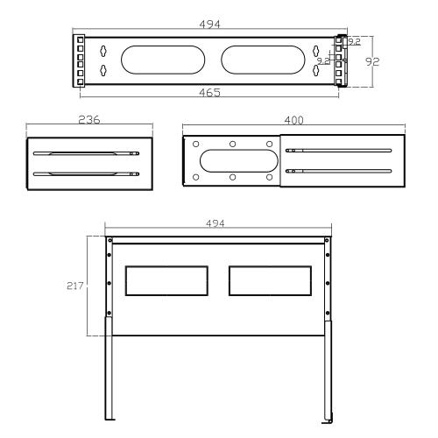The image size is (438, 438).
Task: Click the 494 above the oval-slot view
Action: coord(208,24)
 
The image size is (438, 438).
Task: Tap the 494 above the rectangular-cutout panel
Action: coord(214,223)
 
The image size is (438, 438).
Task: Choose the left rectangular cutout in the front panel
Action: coord(168,280)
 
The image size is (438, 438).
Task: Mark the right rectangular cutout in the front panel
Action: coord(269,280)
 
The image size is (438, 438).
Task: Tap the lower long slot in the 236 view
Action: coord(85,173)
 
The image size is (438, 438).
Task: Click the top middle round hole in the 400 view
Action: coord(232,145)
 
